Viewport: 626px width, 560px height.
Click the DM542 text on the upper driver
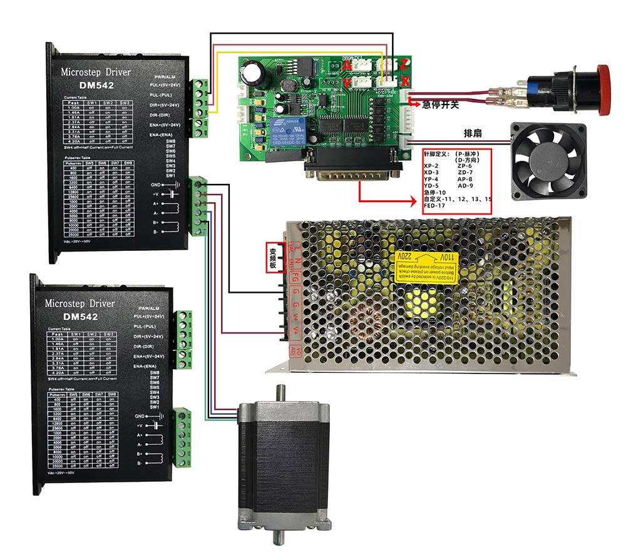pyautogui.click(x=97, y=85)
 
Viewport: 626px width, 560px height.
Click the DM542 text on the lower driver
pyautogui.click(x=80, y=317)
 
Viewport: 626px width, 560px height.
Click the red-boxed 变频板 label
pyautogui.click(x=273, y=258)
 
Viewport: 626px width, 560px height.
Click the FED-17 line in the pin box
pyautogui.click(x=434, y=205)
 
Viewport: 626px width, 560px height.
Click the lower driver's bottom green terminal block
pyautogui.click(x=183, y=437)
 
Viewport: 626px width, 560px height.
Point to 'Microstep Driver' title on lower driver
pyautogui.click(x=80, y=303)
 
